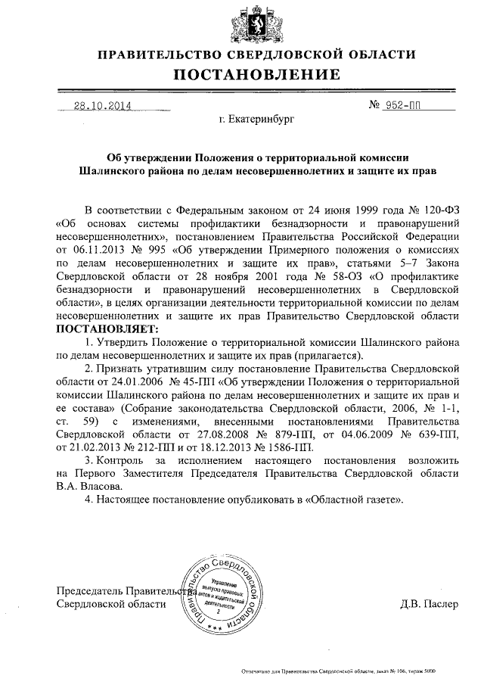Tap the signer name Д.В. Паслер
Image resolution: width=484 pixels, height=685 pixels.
click(x=429, y=603)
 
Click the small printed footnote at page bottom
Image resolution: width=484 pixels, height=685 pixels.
click(x=337, y=671)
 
